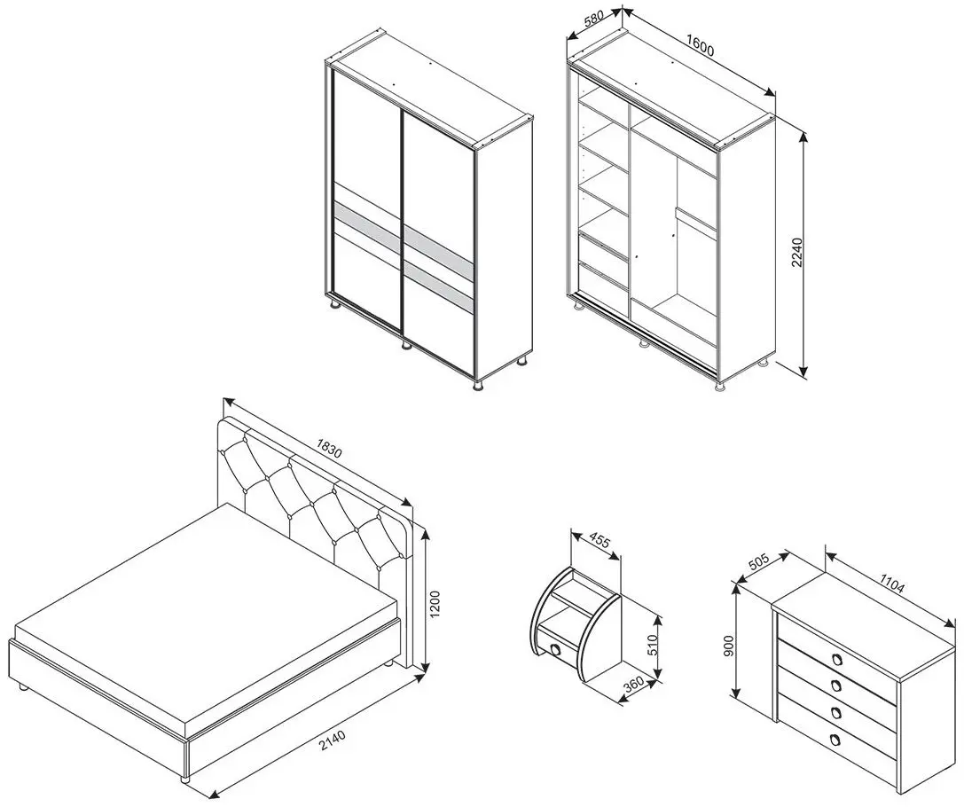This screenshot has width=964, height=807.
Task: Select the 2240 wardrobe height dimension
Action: point(796,252)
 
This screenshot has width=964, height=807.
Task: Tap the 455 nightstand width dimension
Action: point(600,542)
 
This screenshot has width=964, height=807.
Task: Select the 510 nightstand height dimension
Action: point(653,643)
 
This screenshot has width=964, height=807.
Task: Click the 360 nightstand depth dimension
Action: point(633,684)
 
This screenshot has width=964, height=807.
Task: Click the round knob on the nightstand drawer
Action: point(556,650)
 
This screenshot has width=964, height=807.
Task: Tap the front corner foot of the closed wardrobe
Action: point(477,386)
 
